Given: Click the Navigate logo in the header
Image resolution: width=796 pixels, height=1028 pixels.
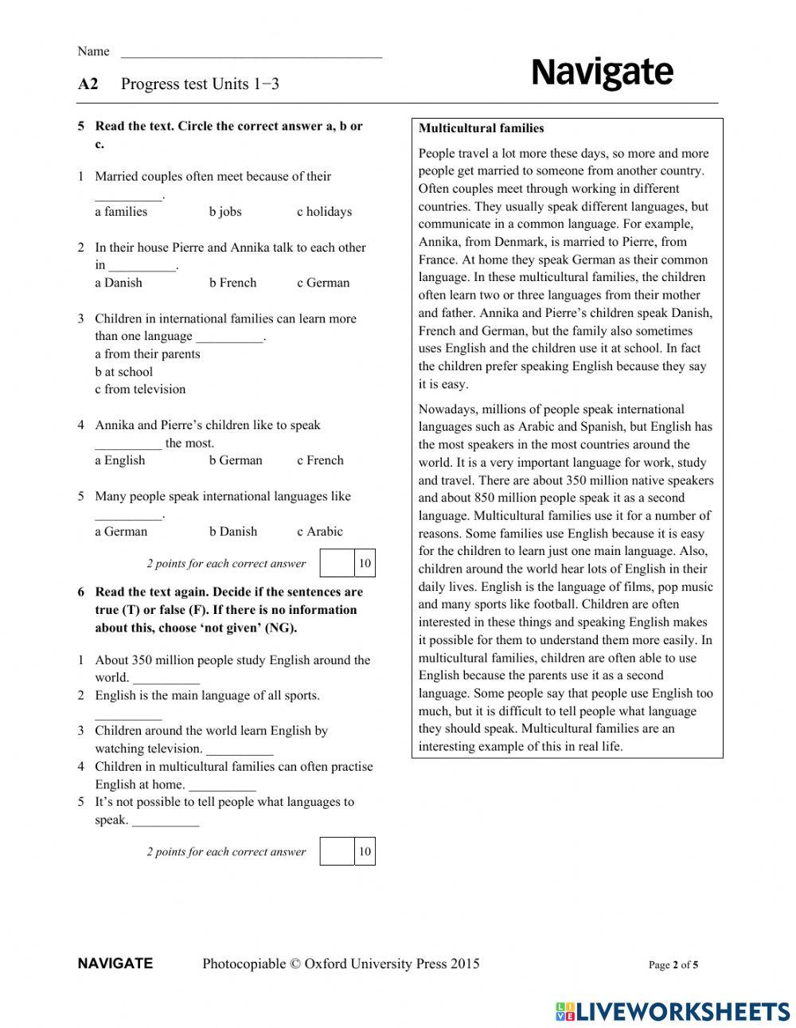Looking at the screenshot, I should pos(602,73).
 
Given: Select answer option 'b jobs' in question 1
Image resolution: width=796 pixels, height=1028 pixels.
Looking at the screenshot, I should pos(225,212).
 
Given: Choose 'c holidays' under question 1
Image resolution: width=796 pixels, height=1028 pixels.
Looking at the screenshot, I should pos(324,212).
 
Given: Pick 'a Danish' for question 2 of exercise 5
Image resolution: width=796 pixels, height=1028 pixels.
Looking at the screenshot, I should pos(119,283).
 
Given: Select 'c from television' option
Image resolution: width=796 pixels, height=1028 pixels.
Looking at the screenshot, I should pos(140,389).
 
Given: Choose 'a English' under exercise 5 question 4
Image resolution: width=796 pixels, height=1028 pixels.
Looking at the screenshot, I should pos(120,460).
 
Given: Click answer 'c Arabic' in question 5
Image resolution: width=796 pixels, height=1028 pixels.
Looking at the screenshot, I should pos(320,532).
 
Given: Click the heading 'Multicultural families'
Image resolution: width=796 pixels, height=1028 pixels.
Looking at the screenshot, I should pos(482,128).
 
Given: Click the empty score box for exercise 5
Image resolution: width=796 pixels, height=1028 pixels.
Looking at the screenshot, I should pos(337,563).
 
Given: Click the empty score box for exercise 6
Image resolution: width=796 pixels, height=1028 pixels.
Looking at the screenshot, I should pos(337,851).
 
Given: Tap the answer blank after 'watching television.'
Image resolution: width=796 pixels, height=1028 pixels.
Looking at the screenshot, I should pos(240,750).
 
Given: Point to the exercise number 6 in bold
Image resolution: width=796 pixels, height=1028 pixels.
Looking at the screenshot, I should pos(81,592).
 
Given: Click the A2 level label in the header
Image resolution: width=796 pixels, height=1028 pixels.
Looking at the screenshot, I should pos(88,84).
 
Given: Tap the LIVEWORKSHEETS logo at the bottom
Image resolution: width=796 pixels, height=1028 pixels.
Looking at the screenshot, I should pos(673,1011).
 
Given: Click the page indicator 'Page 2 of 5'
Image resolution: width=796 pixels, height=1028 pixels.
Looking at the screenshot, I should pos(673,965).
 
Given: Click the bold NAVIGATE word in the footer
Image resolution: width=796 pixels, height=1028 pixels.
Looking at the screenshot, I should pos(115,964).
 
